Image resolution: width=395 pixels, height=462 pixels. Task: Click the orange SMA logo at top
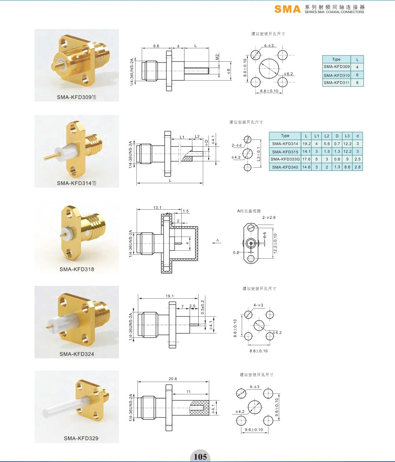pos(287,9)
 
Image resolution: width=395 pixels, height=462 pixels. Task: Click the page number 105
pos(200,456)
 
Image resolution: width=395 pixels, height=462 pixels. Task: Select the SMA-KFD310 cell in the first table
pos(337,75)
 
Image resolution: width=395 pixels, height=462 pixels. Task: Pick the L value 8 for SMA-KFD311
pos(357,83)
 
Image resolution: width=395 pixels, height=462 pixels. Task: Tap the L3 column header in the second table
pos(347,136)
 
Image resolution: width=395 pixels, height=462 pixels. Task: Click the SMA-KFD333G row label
pos(285,159)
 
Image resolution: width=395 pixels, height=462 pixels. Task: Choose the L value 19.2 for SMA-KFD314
pos(307,144)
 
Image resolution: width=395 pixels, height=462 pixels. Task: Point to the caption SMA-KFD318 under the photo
pos(77,269)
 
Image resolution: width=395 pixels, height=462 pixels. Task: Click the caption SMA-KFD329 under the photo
pos(81,438)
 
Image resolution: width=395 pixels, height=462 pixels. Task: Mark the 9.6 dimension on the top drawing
pos(156,46)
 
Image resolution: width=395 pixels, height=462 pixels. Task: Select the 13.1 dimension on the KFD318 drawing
pos(158,207)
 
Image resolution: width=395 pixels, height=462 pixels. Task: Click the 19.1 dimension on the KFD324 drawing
pos(169,296)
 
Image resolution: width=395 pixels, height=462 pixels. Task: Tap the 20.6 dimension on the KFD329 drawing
pos(173,379)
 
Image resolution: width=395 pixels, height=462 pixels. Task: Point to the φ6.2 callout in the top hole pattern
pos(288,74)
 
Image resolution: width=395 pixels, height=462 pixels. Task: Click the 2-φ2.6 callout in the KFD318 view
pos(269,218)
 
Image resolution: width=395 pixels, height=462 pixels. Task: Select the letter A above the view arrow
pos(218,240)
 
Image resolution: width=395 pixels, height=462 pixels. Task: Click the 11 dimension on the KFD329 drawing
pos(188,392)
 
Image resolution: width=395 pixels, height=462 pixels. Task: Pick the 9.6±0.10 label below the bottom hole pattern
pos(254,430)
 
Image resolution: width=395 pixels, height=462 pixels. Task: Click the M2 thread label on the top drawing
pos(217,57)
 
